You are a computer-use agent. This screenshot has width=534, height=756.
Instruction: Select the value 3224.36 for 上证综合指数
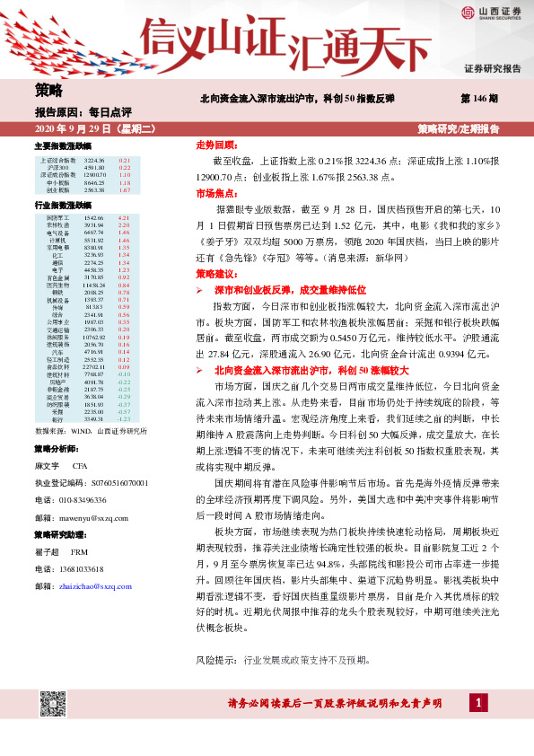(93, 160)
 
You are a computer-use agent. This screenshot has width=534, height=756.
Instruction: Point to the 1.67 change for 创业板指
(125, 190)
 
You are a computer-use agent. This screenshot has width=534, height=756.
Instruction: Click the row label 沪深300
(57, 167)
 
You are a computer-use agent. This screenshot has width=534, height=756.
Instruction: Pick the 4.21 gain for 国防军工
(125, 218)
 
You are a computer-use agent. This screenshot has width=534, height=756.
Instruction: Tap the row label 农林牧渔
(57, 225)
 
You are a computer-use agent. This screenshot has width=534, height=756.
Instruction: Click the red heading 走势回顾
(215, 145)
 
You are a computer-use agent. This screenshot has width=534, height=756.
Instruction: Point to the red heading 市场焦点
(215, 192)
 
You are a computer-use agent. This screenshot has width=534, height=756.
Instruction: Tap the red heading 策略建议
(215, 272)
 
